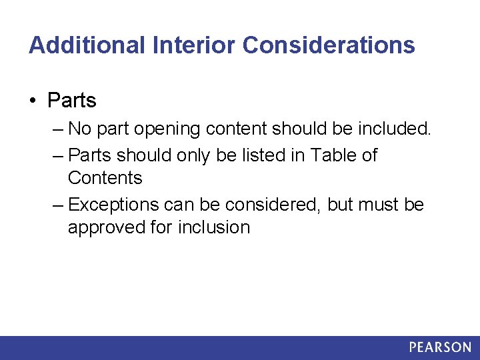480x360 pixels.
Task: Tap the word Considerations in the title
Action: coord(329,45)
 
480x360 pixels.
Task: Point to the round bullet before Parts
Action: coord(33,101)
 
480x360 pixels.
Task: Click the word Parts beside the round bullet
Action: coord(72,101)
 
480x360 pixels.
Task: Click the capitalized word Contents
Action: coord(105,178)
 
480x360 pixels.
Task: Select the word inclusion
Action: coord(214,227)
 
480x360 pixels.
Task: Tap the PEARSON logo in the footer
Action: coord(439,347)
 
